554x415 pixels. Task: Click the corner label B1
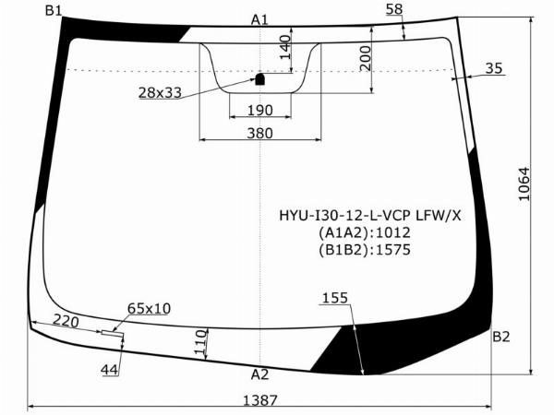(x=54, y=11)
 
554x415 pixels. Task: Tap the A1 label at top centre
(x=259, y=20)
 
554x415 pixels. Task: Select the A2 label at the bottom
(x=259, y=374)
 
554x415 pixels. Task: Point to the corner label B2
(x=501, y=337)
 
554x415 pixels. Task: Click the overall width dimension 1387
(x=260, y=400)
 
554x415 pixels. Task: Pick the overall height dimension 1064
(x=524, y=184)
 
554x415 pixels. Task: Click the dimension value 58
(x=394, y=9)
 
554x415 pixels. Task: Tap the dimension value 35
(x=494, y=68)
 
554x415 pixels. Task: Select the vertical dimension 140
(x=285, y=47)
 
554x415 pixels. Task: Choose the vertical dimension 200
(x=366, y=58)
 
